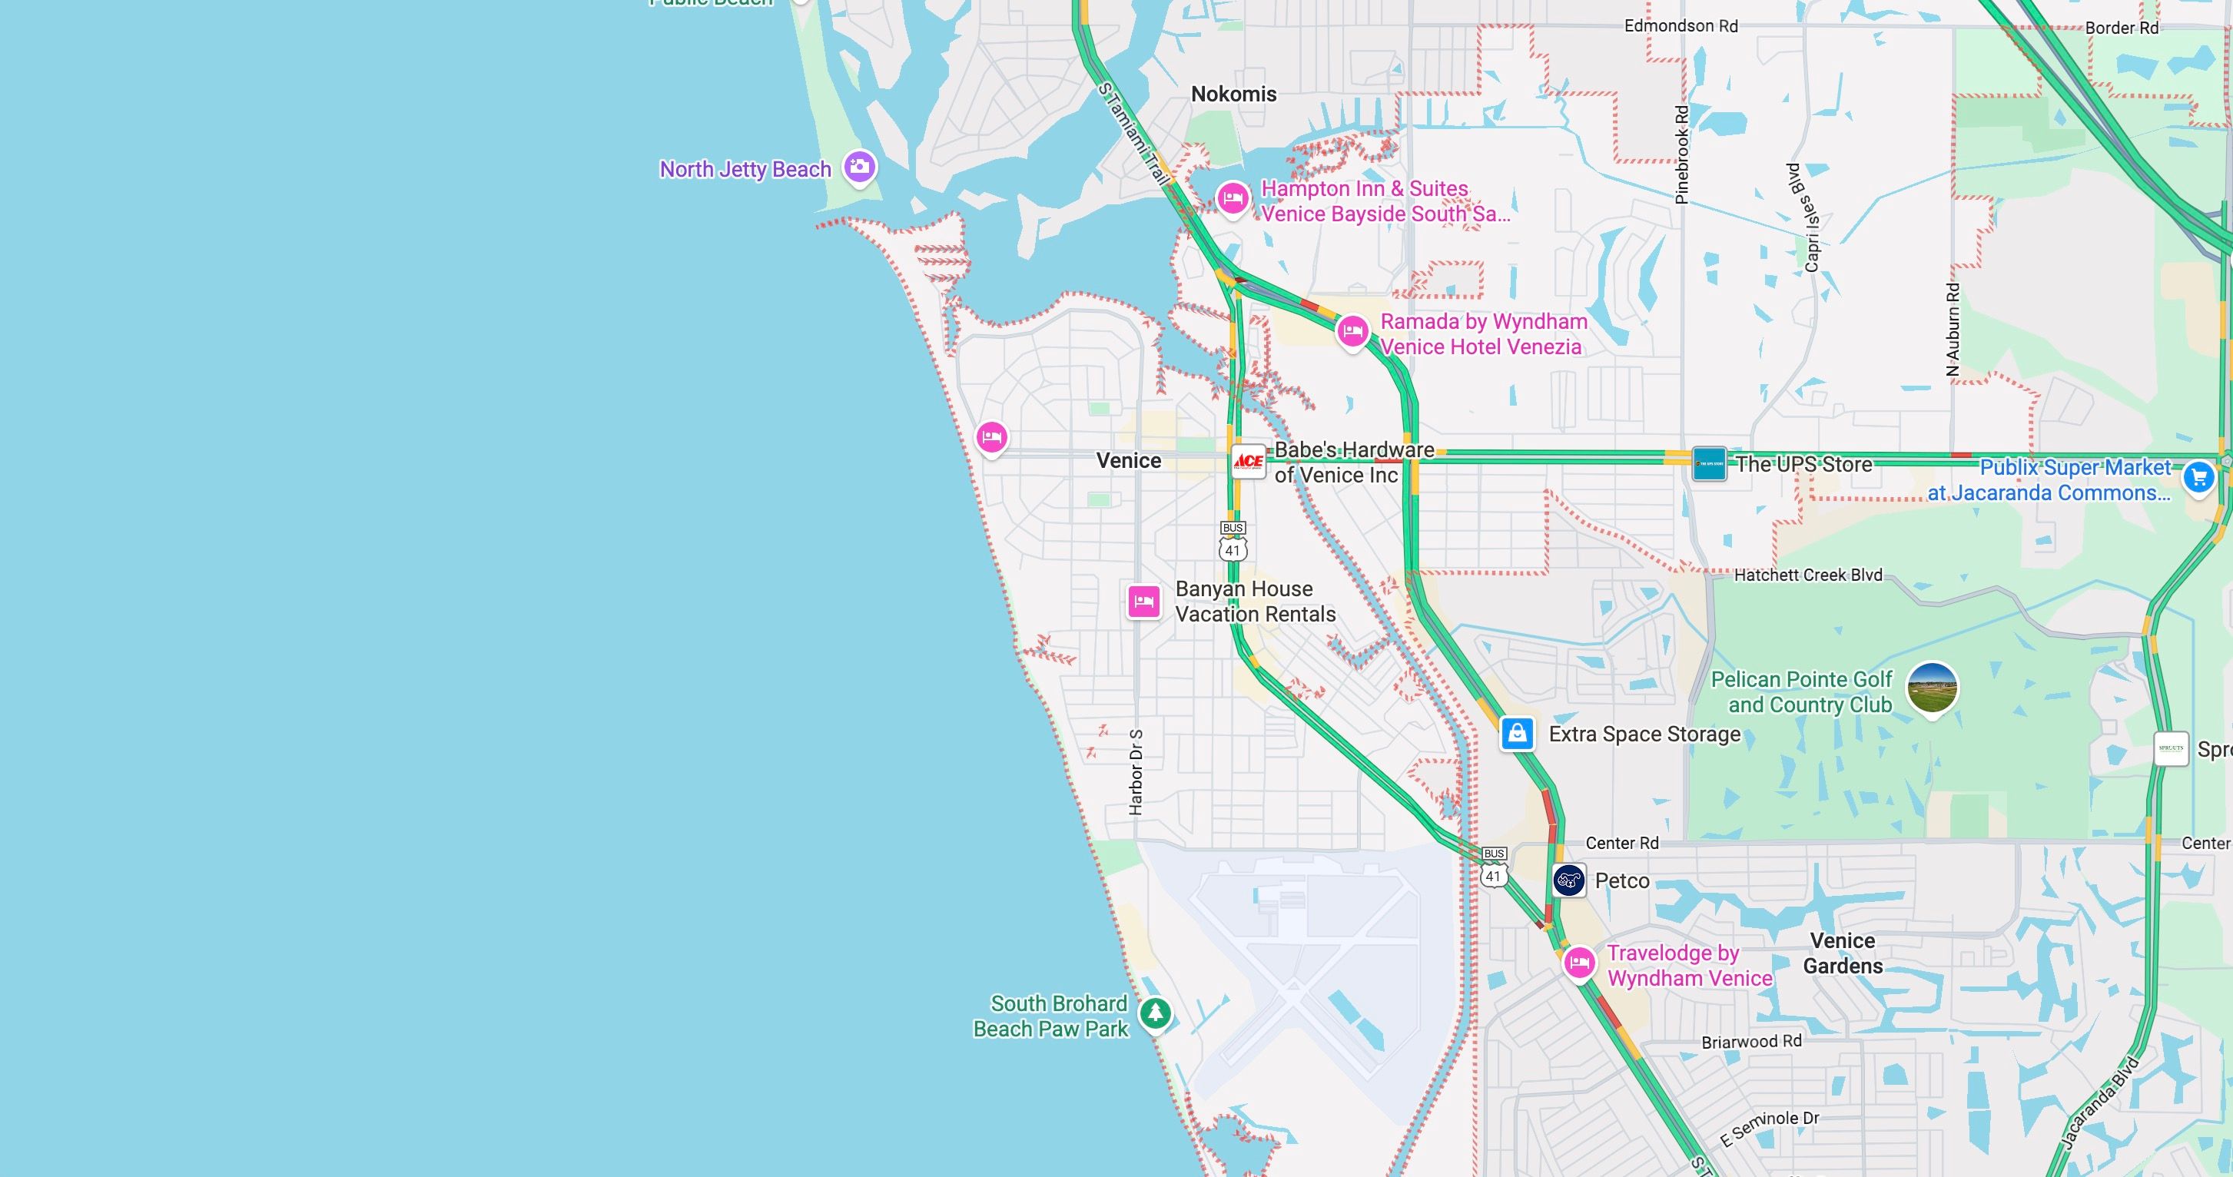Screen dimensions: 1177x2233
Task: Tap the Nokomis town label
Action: [x=1233, y=94]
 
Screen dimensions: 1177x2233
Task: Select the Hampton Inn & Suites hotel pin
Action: [x=1232, y=198]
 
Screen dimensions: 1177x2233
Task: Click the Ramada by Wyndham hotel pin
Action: [x=1352, y=331]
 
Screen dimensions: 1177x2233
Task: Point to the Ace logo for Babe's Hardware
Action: [x=1248, y=461]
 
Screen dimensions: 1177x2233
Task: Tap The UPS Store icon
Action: [x=1708, y=464]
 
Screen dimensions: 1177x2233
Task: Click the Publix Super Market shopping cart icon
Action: [x=2198, y=476]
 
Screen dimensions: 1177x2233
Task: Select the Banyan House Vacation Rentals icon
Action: [x=1143, y=601]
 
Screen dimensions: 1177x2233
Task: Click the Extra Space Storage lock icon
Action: [x=1516, y=733]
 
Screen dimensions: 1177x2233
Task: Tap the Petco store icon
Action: [x=1569, y=880]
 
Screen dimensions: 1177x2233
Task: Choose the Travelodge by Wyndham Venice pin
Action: [x=1578, y=962]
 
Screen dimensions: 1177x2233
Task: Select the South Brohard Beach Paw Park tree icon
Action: [x=1155, y=1013]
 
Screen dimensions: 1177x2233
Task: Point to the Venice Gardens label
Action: [x=1843, y=953]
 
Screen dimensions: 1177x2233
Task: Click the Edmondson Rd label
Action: [x=1681, y=26]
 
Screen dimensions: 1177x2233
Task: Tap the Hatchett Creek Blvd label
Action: [x=1807, y=575]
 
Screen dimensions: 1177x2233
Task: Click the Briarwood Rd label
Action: [x=1751, y=1042]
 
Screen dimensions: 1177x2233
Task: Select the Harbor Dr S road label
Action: [x=1136, y=771]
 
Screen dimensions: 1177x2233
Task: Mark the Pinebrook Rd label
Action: [x=1682, y=155]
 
